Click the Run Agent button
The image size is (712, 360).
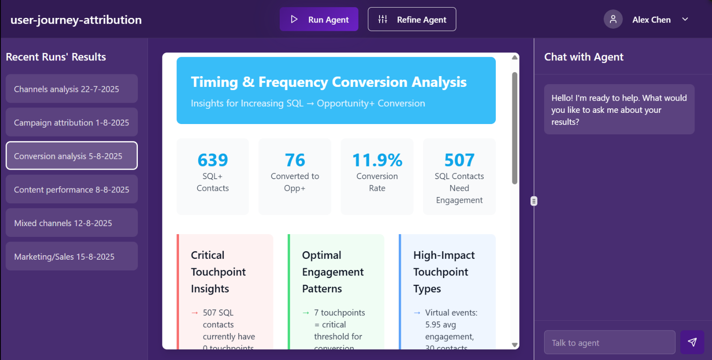[319, 19]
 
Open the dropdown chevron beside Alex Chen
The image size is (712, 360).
[685, 19]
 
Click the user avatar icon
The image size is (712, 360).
[613, 19]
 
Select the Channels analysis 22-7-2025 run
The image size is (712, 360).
[72, 89]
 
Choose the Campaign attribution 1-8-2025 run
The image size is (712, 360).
[72, 122]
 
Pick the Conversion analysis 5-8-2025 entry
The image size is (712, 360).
[72, 156]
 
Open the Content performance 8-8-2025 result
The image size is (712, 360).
[72, 189]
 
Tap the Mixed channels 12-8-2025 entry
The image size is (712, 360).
[72, 223]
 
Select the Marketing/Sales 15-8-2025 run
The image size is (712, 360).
[72, 257]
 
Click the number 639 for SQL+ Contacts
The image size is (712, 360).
[213, 160]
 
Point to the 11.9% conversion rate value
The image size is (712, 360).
[377, 160]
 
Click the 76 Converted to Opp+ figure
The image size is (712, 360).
[295, 160]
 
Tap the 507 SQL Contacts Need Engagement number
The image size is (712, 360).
[459, 160]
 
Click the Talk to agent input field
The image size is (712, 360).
[610, 343]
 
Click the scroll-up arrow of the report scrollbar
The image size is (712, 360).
[515, 57]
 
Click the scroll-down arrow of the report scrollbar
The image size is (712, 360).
[515, 345]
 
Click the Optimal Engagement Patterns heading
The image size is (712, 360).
[333, 272]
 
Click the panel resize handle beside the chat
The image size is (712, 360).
[533, 201]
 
